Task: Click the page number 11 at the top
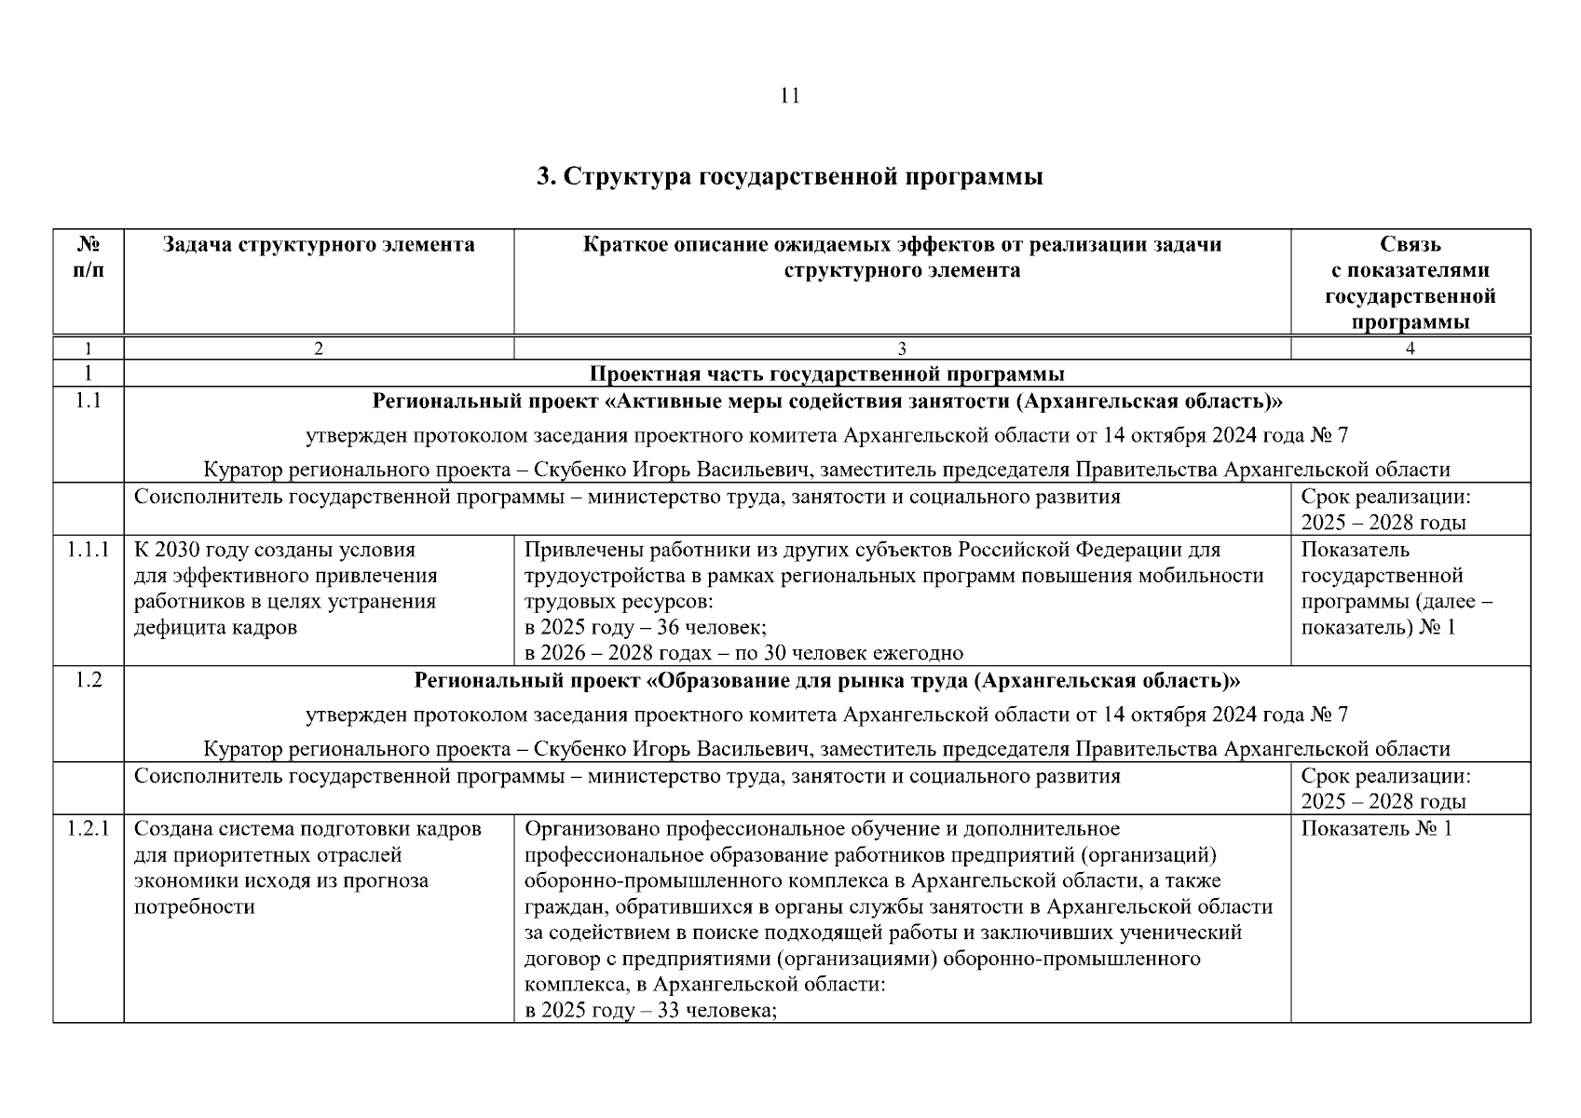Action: [x=789, y=96]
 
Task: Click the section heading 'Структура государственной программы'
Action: [x=789, y=177]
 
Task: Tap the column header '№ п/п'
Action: [x=89, y=257]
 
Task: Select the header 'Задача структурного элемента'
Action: [x=319, y=245]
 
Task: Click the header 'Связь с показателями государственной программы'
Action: [x=1410, y=283]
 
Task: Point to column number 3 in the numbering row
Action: [x=901, y=349]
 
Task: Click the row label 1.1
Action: [x=89, y=402]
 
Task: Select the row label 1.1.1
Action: [x=89, y=550]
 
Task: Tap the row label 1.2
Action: [x=89, y=680]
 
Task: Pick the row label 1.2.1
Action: [x=89, y=829]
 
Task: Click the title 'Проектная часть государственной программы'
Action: [x=826, y=375]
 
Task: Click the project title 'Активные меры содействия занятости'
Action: [x=826, y=402]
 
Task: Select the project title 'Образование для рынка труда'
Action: [x=826, y=681]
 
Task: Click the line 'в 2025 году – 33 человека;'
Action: [x=650, y=1011]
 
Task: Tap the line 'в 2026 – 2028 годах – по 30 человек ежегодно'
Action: [x=743, y=653]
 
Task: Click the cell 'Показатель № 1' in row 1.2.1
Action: [x=1376, y=829]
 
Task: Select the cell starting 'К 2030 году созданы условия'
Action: [x=285, y=588]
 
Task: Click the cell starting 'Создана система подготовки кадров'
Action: [x=307, y=867]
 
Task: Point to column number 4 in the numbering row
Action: [x=1410, y=349]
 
